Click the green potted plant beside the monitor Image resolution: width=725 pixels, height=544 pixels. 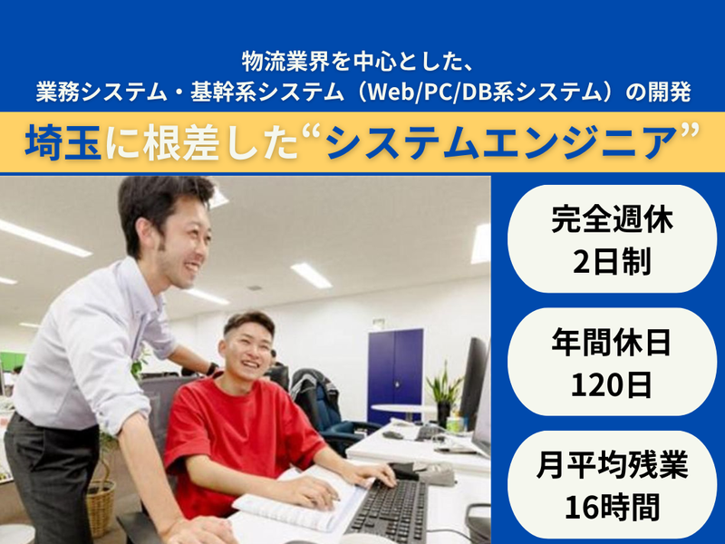[444, 390]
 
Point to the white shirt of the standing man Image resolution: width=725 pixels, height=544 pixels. [91, 345]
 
